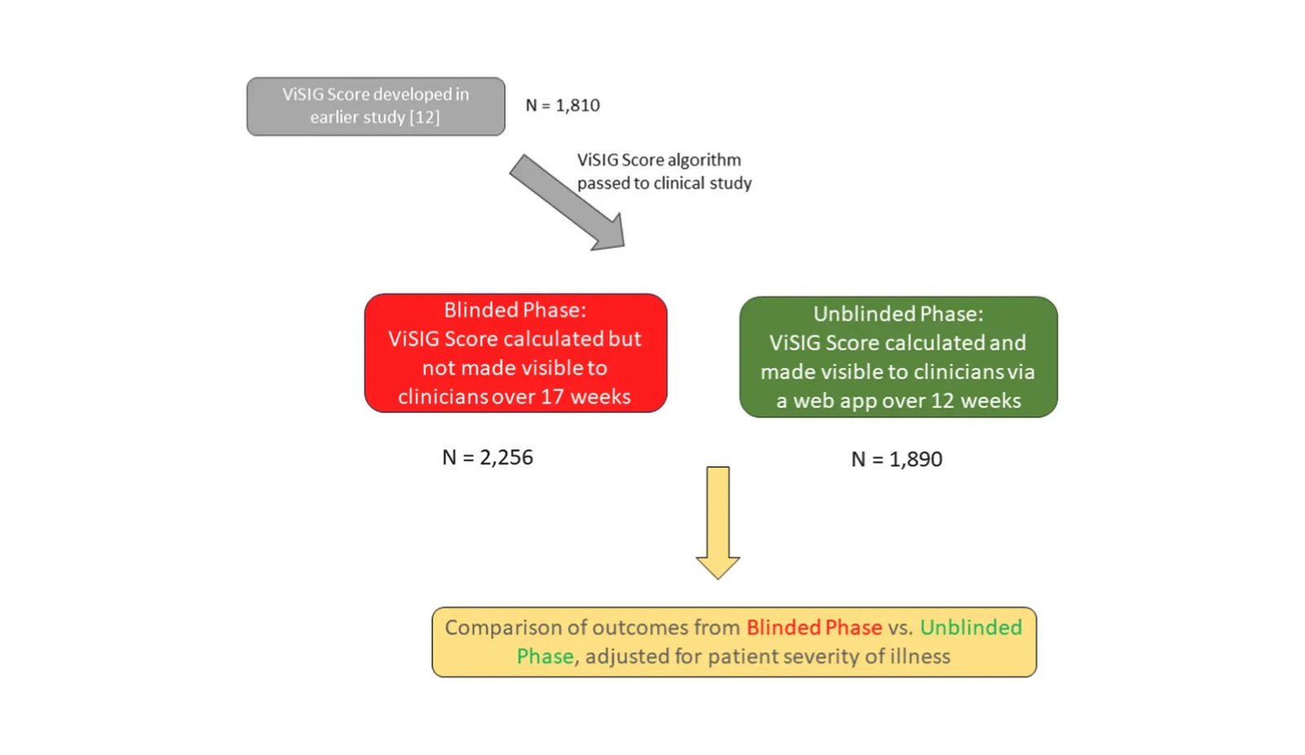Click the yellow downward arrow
(718, 523)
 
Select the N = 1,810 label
(562, 105)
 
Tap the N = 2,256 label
(488, 457)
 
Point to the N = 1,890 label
(896, 460)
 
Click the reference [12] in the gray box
(425, 117)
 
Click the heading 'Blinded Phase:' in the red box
(515, 310)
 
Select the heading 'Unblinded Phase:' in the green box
(898, 314)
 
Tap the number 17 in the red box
(553, 397)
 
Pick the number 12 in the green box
(943, 401)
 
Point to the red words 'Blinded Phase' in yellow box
(815, 628)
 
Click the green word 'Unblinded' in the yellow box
(971, 628)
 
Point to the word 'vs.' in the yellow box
(900, 628)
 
